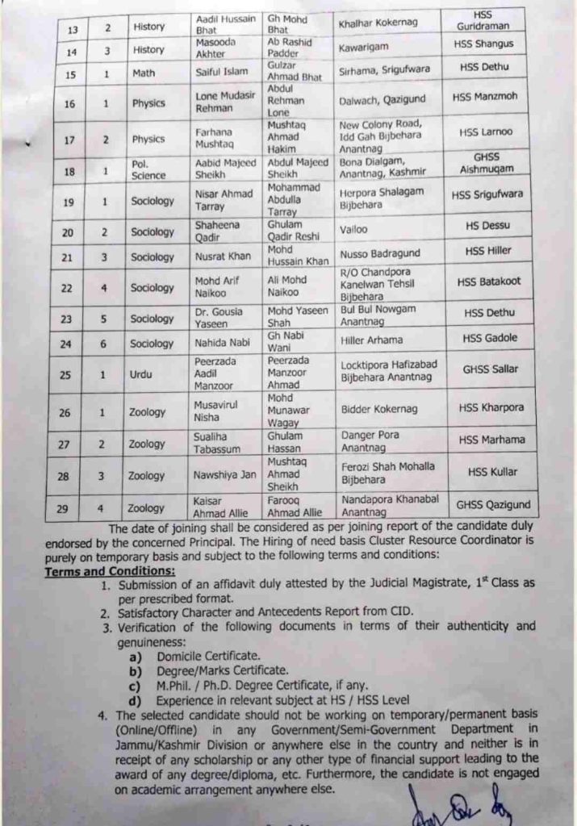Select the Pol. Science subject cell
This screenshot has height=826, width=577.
(x=148, y=169)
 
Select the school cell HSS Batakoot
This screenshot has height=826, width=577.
(x=488, y=282)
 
